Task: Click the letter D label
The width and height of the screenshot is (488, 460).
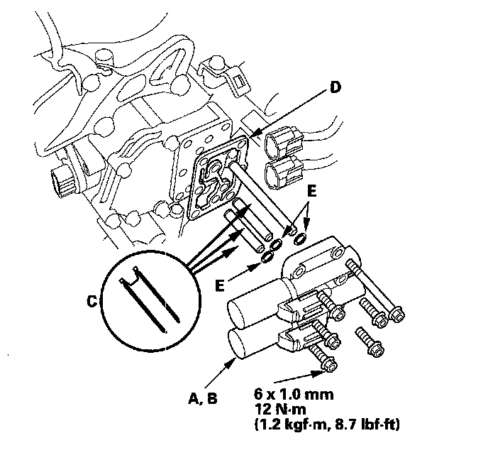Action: point(335,87)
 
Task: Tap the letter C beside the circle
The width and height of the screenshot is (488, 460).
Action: point(92,302)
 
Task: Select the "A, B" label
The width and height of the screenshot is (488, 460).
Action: point(203,398)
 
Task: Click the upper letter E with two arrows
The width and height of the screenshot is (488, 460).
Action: point(311,191)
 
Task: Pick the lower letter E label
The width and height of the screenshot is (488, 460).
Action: point(220,285)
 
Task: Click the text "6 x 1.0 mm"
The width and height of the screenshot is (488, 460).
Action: point(294,394)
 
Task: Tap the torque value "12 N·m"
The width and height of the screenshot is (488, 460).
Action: point(280,409)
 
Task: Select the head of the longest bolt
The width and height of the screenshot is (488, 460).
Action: point(396,314)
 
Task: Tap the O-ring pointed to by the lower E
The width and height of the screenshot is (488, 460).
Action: point(267,258)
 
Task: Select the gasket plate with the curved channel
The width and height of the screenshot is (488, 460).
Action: point(218,180)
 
